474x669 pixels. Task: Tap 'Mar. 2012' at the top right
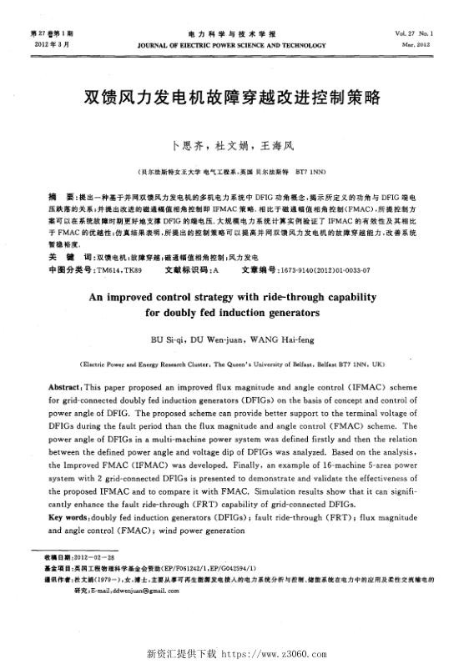point(438,45)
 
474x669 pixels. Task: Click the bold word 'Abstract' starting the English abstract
point(65,389)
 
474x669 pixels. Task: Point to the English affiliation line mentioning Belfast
point(236,365)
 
